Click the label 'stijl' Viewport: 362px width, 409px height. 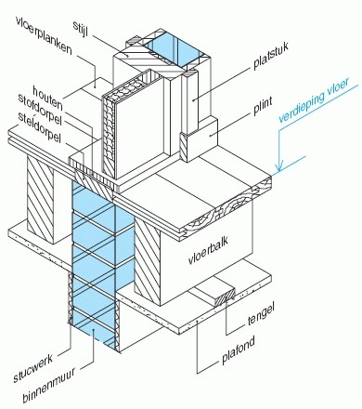pos(81,29)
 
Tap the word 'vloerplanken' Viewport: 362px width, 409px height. pos(44,35)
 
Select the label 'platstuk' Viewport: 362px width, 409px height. pos(271,56)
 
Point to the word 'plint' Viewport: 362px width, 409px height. pos(263,105)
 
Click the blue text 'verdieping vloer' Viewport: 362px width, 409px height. pos(314,99)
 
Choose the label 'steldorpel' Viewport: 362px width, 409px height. pos(39,127)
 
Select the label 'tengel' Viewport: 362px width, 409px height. pos(261,314)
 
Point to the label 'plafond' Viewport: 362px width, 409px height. pos(239,350)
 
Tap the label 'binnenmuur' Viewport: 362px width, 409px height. pos(48,386)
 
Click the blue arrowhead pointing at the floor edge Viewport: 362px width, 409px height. pos(279,167)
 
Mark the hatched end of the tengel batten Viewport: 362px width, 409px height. pos(226,297)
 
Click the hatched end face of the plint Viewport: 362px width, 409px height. pos(183,147)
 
